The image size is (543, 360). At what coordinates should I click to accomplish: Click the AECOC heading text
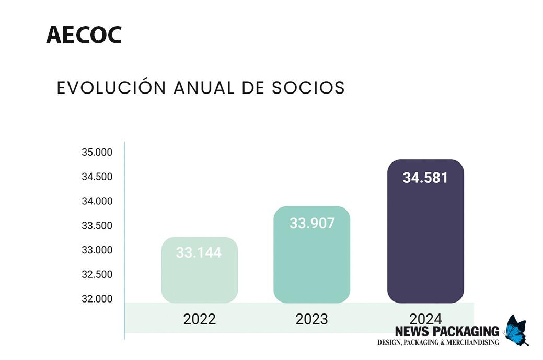tap(84, 35)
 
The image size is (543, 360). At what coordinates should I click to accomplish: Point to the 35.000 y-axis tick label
tap(97, 153)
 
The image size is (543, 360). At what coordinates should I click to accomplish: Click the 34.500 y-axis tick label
tap(97, 177)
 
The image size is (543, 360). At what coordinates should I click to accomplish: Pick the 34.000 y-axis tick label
tap(97, 201)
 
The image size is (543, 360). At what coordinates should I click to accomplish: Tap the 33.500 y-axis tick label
tap(97, 226)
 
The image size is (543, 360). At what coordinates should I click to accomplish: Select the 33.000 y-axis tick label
tap(97, 250)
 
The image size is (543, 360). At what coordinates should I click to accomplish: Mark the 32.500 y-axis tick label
tap(97, 274)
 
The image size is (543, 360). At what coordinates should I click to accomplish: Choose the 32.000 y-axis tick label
tap(97, 299)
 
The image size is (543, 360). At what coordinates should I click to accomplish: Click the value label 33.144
tap(199, 253)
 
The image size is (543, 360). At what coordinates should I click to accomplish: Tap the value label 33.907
tap(312, 223)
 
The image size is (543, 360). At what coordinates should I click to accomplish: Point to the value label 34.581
tap(425, 178)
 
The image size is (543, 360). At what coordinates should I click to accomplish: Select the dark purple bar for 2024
tap(425, 246)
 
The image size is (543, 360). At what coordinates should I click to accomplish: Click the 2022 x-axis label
tap(199, 319)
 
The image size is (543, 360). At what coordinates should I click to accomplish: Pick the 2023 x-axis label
tap(311, 319)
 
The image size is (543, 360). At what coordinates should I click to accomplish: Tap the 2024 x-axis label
tap(425, 318)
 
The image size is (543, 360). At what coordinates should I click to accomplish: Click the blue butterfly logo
tap(516, 330)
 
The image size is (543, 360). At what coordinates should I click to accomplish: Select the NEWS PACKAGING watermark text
tap(447, 331)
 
